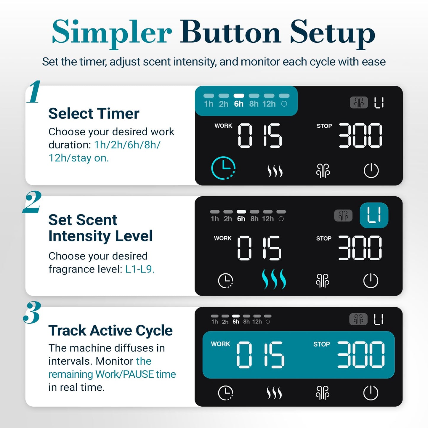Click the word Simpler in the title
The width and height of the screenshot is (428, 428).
point(112,33)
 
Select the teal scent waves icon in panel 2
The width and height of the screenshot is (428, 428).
point(274,279)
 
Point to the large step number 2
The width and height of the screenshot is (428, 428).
point(32,202)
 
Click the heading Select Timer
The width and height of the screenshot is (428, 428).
point(94,113)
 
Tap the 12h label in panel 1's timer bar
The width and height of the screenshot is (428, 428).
point(269,104)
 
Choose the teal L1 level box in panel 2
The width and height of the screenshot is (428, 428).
point(374,215)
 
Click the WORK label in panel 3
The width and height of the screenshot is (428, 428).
point(221,344)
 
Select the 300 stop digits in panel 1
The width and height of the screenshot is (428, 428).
point(360,135)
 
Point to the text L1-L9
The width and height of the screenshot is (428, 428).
point(140,269)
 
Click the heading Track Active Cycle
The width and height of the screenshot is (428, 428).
point(110,331)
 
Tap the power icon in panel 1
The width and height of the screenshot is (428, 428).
point(371,170)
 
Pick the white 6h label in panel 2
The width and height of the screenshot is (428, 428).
point(241,219)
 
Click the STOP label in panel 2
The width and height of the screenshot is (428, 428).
point(324,238)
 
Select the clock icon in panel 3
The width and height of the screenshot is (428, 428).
point(225,393)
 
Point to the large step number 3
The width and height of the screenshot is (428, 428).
point(32,312)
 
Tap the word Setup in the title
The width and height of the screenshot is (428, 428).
point(333,33)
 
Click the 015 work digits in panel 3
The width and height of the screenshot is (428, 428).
point(260,355)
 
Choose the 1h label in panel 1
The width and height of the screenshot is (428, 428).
point(209,104)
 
